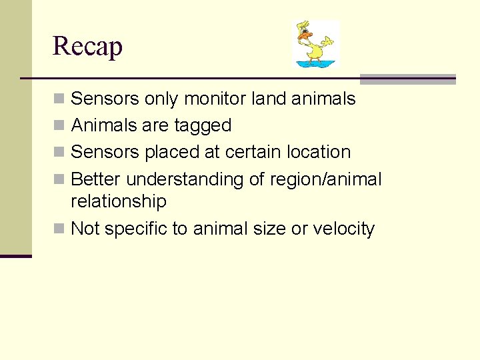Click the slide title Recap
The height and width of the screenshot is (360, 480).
pyautogui.click(x=87, y=46)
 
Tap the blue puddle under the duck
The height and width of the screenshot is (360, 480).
pyautogui.click(x=316, y=64)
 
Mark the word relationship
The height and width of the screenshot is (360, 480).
pyautogui.click(x=118, y=201)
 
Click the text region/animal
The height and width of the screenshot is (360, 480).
pyautogui.click(x=325, y=179)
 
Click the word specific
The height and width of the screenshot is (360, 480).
pyautogui.click(x=136, y=229)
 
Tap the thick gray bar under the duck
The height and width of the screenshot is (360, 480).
pyautogui.click(x=407, y=79)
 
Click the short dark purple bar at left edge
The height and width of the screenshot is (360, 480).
pyautogui.click(x=15, y=256)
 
